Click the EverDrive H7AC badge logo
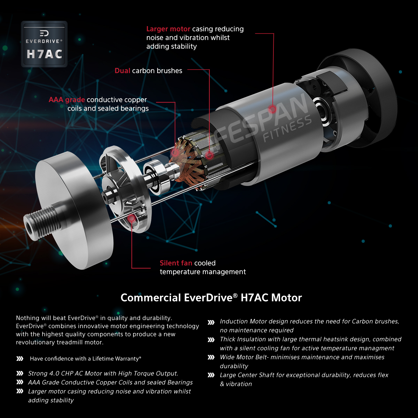44,44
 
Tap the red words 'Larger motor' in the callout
168,29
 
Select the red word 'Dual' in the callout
122,71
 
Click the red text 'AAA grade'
67,100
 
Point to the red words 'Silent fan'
176,263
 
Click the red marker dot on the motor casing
272,109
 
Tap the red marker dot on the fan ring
131,218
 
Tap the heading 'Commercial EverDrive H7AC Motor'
211,297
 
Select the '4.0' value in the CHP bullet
54,373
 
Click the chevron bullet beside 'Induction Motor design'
211,322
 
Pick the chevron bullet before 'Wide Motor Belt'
211,357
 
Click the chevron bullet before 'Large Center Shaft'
211,375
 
